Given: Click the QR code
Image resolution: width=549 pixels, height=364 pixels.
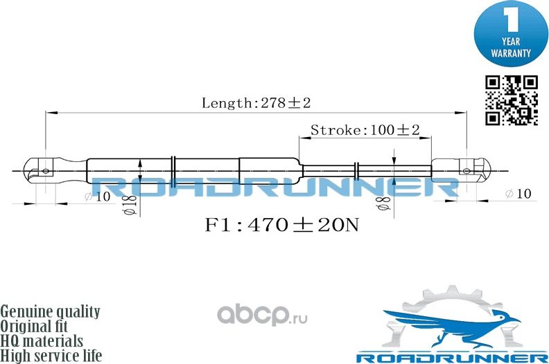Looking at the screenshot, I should [x=511, y=100].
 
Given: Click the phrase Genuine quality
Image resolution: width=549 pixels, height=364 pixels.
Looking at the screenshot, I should [x=51, y=312].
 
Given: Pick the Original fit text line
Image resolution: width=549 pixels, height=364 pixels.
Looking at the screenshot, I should [x=38, y=327].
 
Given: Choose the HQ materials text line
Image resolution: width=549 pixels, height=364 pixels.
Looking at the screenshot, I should [x=42, y=342].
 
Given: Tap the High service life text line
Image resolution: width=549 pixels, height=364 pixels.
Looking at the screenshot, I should [x=52, y=356].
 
